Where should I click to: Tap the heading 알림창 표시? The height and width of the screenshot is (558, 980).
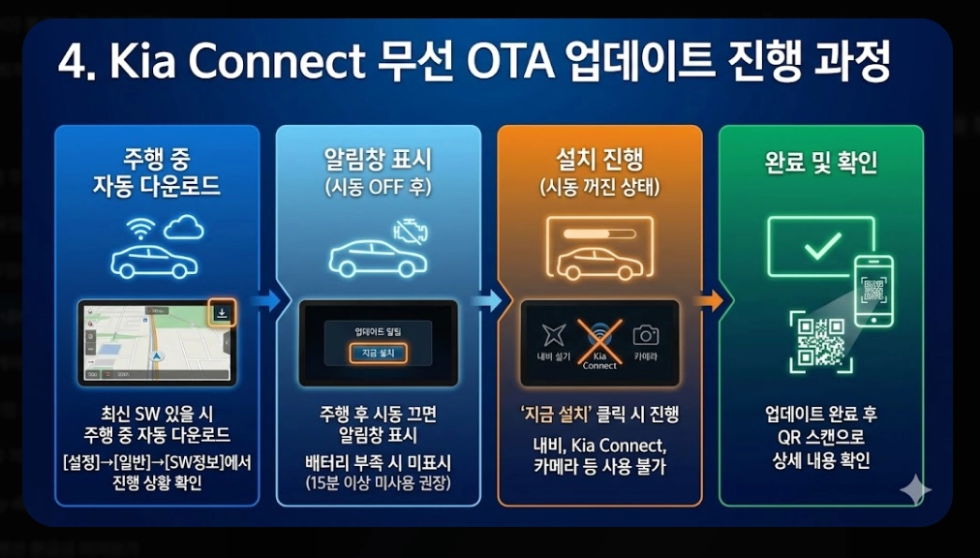point(378,158)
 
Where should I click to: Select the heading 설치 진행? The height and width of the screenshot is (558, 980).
point(599,158)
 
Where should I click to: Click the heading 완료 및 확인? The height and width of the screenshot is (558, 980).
point(821,162)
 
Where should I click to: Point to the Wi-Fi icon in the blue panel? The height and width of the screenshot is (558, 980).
point(141,229)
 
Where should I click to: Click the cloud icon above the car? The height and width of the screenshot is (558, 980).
point(183,228)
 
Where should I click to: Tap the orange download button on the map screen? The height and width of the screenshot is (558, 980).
point(222,313)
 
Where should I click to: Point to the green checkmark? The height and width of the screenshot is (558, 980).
point(821,246)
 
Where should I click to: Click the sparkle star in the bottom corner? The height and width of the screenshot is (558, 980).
point(914,490)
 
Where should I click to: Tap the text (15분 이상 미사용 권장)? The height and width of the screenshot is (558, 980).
point(378,482)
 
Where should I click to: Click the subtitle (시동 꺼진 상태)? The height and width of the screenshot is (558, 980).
point(599,186)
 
